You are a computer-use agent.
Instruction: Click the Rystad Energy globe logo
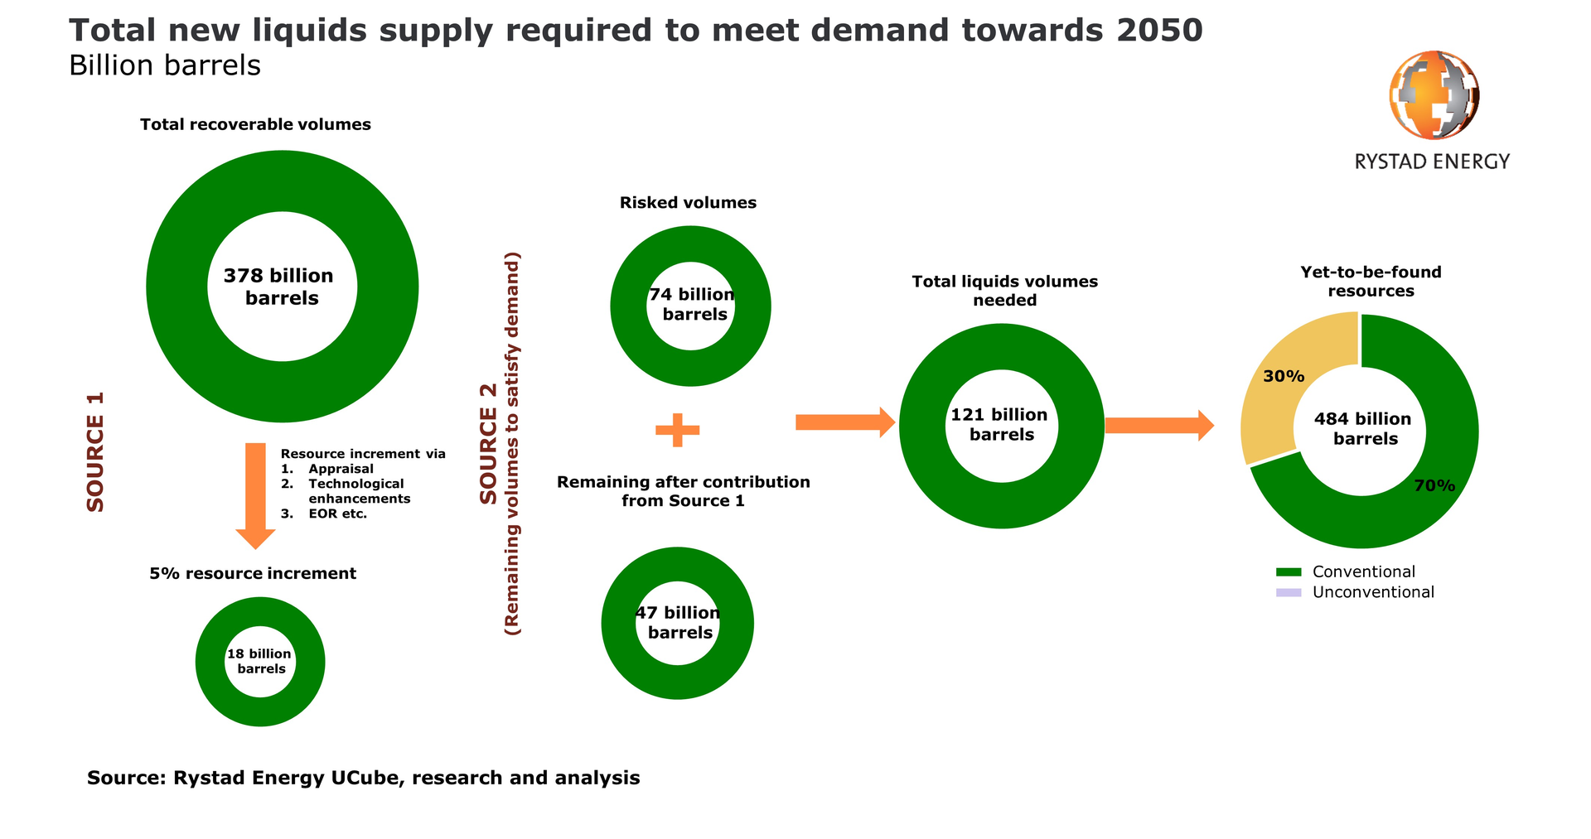1434,94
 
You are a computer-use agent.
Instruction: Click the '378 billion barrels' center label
280,287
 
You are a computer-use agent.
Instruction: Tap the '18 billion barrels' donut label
260,662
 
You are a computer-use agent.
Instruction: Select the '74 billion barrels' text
693,305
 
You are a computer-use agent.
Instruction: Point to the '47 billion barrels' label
679,623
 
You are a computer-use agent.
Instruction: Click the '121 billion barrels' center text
1000,425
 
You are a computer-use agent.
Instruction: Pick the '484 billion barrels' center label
1363,429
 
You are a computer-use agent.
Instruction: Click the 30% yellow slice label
1284,376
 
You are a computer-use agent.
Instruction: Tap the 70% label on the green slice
1434,486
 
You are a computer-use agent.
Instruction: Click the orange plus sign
678,430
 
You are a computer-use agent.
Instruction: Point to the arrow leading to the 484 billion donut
1158,426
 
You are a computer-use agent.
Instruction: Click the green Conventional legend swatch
1289,572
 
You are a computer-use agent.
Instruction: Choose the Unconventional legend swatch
1289,593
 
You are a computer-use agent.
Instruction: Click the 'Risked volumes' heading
688,203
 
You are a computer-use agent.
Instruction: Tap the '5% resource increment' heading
253,574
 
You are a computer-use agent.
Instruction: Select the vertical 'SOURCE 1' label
95,452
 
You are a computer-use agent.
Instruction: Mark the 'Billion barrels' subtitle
165,65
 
